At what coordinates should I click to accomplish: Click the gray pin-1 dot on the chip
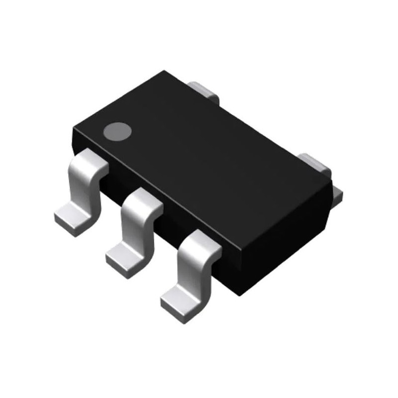pyautogui.click(x=117, y=131)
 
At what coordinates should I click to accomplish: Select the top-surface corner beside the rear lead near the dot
pyautogui.click(x=164, y=72)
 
